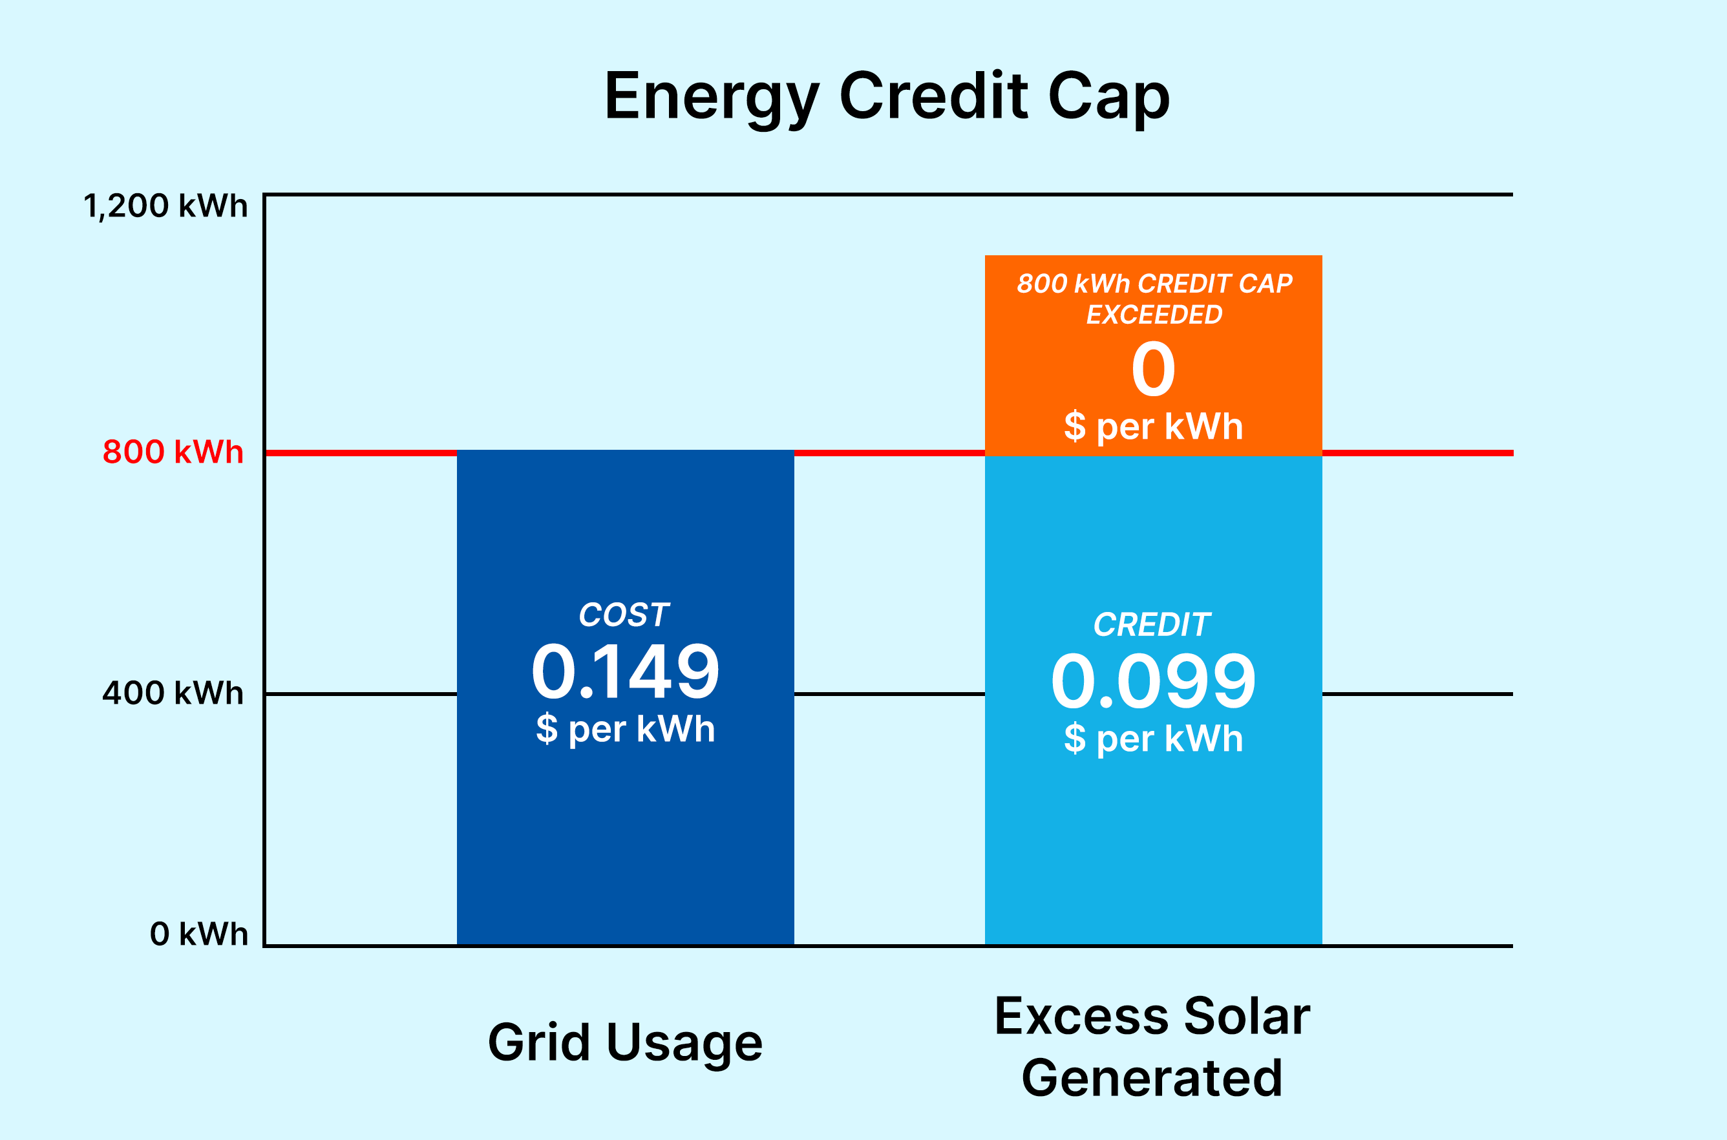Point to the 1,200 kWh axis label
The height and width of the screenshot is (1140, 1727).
point(166,206)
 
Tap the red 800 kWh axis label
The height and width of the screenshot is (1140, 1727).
point(173,452)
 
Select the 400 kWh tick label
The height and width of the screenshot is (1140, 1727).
point(173,693)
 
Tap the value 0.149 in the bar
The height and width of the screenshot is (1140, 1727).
point(626,672)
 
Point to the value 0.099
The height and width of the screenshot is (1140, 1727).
point(1153,682)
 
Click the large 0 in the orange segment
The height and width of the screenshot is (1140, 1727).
point(1153,370)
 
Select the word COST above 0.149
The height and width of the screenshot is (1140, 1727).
point(624,615)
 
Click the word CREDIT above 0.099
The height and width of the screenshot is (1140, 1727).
point(1152,624)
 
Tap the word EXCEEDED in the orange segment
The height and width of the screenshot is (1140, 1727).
point(1154,315)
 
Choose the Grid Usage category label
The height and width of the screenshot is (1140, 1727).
point(626,1042)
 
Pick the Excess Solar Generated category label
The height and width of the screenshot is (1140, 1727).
point(1152,1046)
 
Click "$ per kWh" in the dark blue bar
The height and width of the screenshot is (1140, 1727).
point(626,728)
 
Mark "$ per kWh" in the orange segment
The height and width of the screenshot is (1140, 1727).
point(1153,426)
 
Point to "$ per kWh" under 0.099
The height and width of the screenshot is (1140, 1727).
point(1153,738)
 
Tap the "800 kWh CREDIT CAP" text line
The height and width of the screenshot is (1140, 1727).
point(1154,283)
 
